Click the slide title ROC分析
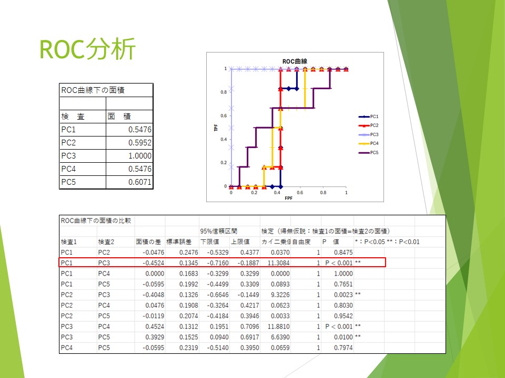[87, 49]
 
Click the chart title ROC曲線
[295, 61]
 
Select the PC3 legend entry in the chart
[368, 134]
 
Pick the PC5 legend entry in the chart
[368, 152]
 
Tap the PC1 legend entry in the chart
[368, 117]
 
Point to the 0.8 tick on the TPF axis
[224, 92]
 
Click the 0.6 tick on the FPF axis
[300, 193]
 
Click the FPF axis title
[289, 198]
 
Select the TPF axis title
[216, 128]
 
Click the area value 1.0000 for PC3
[140, 156]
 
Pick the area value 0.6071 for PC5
[140, 182]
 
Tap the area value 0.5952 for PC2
[140, 143]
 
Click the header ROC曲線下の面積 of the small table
[93, 90]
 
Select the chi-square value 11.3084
[279, 263]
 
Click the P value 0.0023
[344, 295]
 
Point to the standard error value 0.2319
[189, 348]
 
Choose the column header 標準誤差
[179, 241]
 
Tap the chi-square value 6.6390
[280, 337]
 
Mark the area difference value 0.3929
[155, 337]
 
